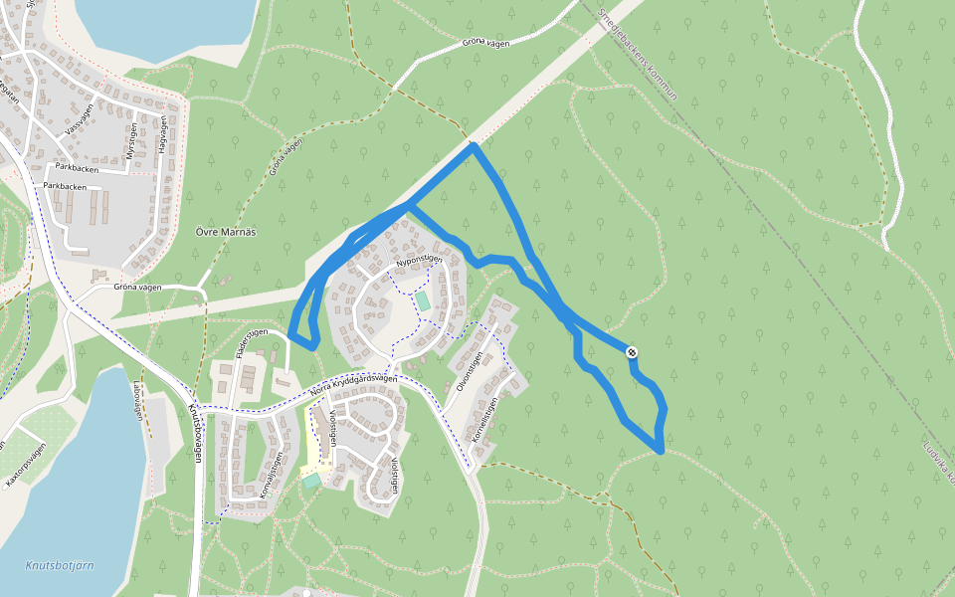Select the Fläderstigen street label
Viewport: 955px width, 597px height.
[x=254, y=342]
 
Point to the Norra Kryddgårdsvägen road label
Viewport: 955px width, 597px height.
[x=353, y=385]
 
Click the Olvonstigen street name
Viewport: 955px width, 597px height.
[x=469, y=371]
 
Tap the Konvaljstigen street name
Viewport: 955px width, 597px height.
[x=272, y=475]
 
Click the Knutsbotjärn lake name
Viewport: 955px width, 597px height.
[x=60, y=565]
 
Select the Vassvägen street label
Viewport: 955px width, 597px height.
[x=79, y=118]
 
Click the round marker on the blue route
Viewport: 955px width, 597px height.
[x=631, y=351]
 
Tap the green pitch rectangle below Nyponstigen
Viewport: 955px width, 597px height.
[x=424, y=299]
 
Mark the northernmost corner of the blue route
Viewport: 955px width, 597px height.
[x=475, y=145]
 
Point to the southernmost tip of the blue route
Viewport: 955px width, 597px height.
[x=660, y=451]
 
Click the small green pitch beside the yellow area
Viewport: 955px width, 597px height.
[x=312, y=481]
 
